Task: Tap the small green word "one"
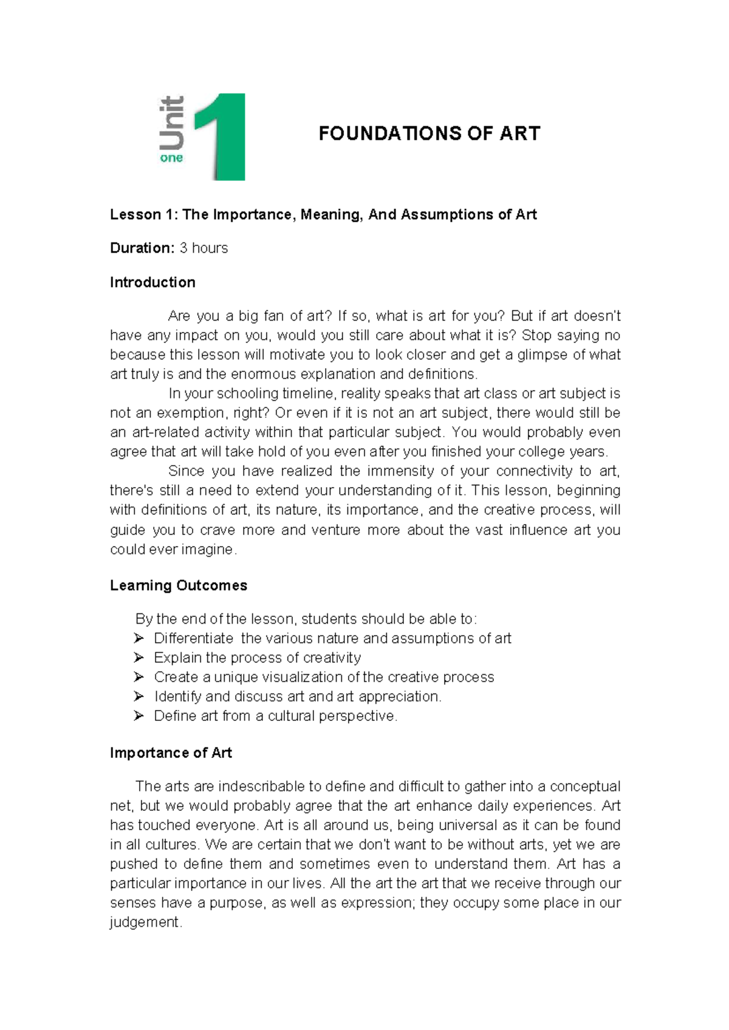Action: pyautogui.click(x=171, y=158)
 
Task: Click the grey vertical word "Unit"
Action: pyautogui.click(x=171, y=123)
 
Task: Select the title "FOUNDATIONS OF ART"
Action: pyautogui.click(x=429, y=134)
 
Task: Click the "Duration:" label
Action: pyautogui.click(x=142, y=248)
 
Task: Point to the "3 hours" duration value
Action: pyautogui.click(x=204, y=248)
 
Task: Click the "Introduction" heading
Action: pyautogui.click(x=152, y=282)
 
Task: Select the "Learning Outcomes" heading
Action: pyautogui.click(x=179, y=585)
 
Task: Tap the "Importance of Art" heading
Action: pyautogui.click(x=171, y=753)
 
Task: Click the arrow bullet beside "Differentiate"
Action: pyautogui.click(x=139, y=638)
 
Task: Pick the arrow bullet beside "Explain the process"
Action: pyautogui.click(x=139, y=658)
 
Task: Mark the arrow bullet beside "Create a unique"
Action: pyautogui.click(x=139, y=677)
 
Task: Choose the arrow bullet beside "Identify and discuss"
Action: pyautogui.click(x=139, y=697)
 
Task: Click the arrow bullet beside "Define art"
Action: pyautogui.click(x=139, y=716)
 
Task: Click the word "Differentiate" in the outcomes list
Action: pyautogui.click(x=193, y=638)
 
